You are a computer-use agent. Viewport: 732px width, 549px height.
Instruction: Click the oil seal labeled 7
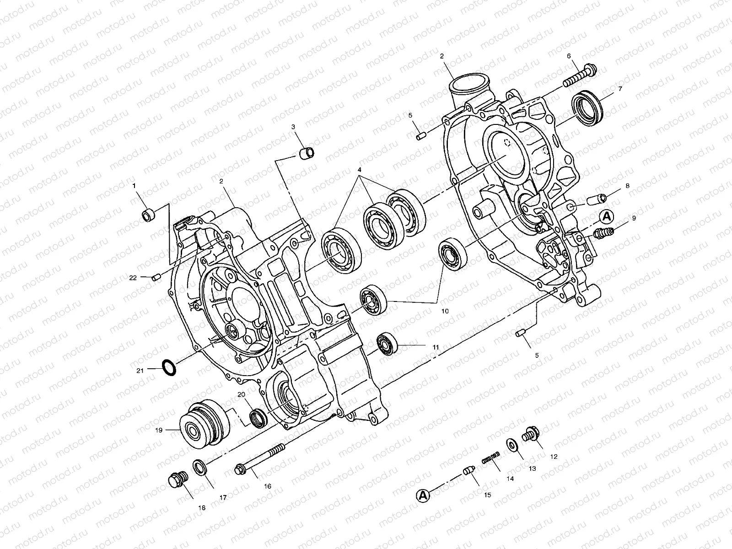point(587,108)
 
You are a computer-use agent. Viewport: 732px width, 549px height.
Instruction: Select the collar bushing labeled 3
point(306,153)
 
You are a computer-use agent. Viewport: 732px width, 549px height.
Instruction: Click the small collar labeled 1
point(148,215)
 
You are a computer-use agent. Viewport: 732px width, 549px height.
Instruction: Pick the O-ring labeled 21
point(169,367)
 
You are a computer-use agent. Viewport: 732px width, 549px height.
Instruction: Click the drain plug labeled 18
point(178,480)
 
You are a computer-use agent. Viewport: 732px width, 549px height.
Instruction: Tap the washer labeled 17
point(200,467)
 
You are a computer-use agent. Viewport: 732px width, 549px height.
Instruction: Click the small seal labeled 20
point(258,418)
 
